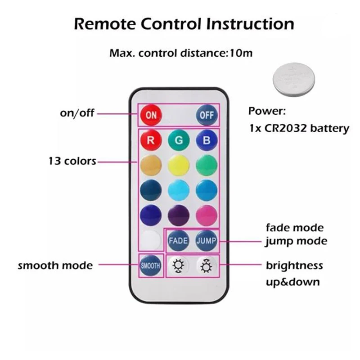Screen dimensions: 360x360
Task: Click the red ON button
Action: (151, 115)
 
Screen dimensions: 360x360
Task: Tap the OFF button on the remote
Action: (207, 115)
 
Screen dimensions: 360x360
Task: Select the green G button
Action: (179, 140)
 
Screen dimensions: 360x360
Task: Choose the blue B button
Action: (207, 140)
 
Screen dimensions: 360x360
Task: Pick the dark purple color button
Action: (179, 215)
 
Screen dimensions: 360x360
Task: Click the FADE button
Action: (178, 240)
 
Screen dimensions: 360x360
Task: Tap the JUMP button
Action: (207, 240)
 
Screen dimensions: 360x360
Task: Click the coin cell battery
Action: (294, 78)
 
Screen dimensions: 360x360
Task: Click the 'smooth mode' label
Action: (55, 265)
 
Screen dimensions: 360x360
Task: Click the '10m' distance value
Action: (241, 53)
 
